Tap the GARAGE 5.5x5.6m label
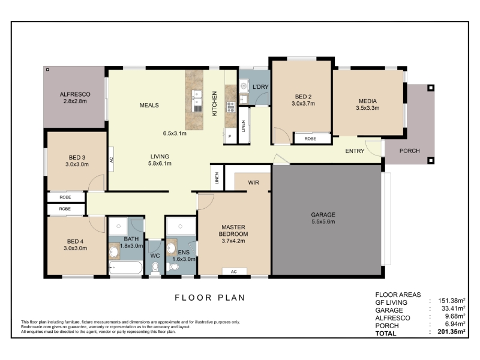point(323,218)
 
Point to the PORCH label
point(410,151)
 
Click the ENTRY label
point(355,151)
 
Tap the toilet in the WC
point(155,268)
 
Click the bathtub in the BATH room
point(125,267)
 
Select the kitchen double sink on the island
point(197,101)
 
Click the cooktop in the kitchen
point(230,107)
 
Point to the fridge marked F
point(230,136)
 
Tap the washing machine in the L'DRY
point(244,86)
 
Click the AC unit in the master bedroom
point(234,272)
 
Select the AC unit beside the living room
point(111,159)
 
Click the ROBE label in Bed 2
point(310,139)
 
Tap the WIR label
point(253,183)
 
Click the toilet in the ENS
point(173,267)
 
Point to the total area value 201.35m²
point(452,332)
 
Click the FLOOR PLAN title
point(210,298)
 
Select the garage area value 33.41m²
point(454,308)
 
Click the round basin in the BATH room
point(115,251)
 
